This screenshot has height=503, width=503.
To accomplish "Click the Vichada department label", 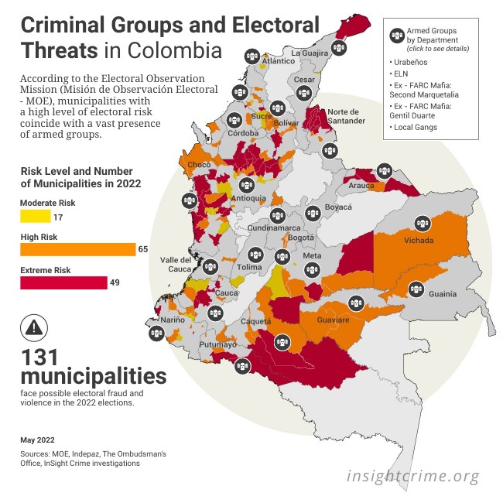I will [419, 241].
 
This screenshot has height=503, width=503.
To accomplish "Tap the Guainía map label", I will [443, 294].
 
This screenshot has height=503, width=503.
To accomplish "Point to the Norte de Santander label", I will [345, 117].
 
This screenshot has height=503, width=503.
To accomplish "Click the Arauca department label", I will [361, 186].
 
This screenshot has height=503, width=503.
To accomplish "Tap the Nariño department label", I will [173, 319].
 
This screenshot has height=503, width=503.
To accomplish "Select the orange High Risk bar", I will [78, 249].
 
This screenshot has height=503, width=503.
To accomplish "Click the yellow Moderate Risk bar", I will [36, 216].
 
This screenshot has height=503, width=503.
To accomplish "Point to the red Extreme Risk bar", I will [63, 282].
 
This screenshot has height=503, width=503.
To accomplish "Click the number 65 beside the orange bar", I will [143, 249].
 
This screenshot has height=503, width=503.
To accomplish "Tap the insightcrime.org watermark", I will [412, 476].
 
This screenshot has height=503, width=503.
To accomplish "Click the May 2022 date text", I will [37, 440].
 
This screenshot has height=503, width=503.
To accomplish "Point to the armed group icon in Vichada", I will [422, 224].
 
